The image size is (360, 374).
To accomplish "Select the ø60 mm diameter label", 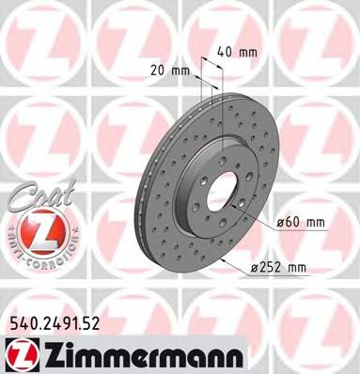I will pyautogui.click(x=301, y=221).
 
